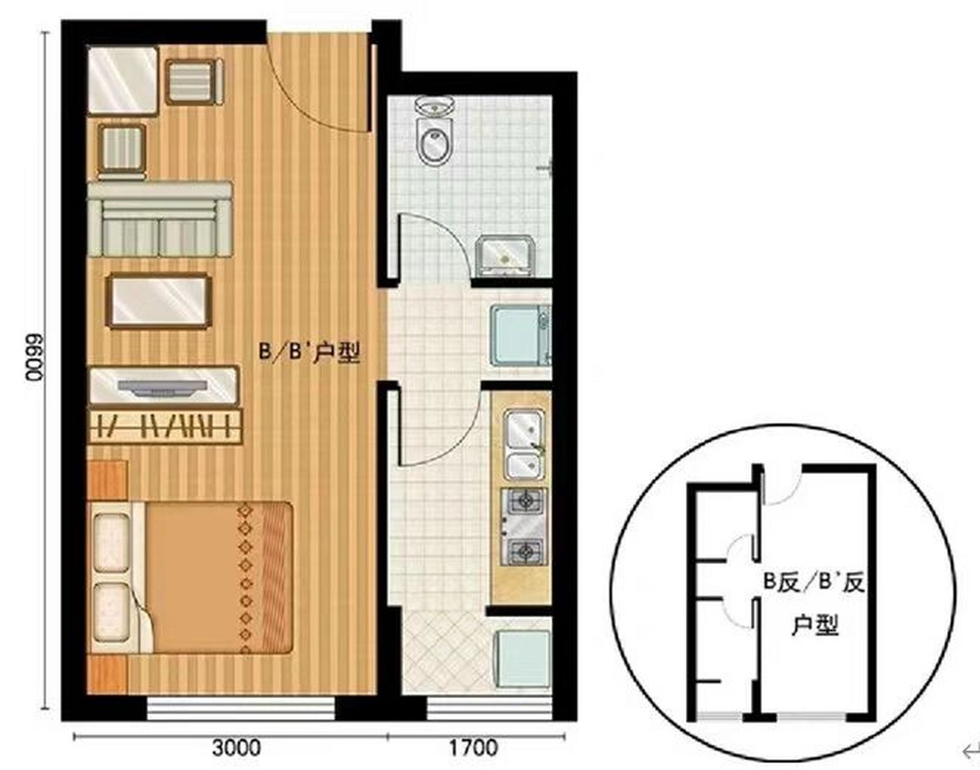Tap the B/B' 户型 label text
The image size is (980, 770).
[x=309, y=353]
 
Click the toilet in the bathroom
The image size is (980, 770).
[x=435, y=131]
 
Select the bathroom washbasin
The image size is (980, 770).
[x=504, y=256]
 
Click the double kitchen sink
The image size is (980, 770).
[x=524, y=444]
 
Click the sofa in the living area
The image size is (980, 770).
[x=160, y=220]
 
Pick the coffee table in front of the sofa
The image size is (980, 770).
[x=159, y=301]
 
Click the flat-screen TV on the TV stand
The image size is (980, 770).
[x=163, y=386]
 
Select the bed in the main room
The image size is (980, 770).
[x=191, y=577]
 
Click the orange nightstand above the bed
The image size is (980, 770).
[x=108, y=480]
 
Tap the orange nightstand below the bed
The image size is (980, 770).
[x=108, y=674]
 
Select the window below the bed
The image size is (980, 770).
[x=240, y=707]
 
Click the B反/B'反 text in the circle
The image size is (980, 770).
[x=814, y=583]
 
